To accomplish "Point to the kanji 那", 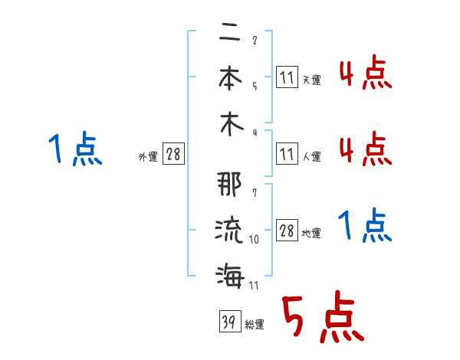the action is click(x=229, y=187).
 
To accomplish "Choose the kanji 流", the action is click(x=229, y=231).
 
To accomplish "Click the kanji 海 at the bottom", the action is click(x=229, y=274).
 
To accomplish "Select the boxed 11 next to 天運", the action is click(x=287, y=77).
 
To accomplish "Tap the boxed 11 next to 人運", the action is click(x=287, y=155).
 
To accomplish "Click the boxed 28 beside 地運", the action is click(x=287, y=231).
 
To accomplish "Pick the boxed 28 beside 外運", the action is click(x=173, y=155).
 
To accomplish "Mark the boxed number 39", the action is click(x=228, y=322).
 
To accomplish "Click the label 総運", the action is click(x=254, y=325).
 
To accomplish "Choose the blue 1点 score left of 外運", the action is click(x=74, y=149).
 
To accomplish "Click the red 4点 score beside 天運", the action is click(x=365, y=74).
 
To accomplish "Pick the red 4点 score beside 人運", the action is click(x=365, y=149).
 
